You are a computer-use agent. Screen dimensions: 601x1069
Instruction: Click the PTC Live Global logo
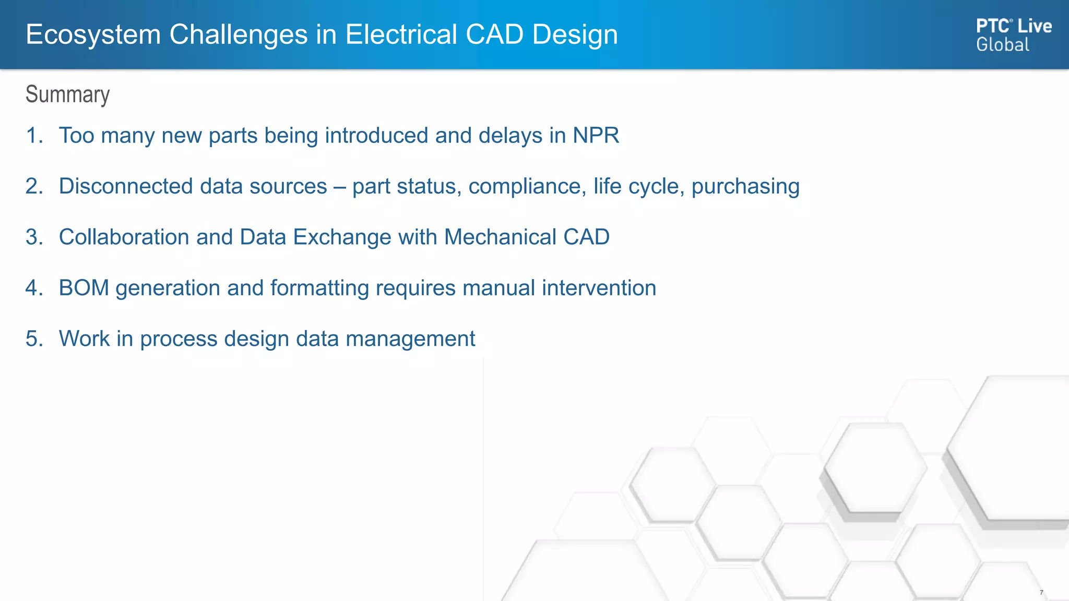(1013, 34)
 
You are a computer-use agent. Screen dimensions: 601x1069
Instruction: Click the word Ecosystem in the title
(93, 35)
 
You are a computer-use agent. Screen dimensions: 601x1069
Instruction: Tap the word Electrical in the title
(401, 35)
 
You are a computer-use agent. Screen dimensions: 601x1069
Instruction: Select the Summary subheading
(67, 94)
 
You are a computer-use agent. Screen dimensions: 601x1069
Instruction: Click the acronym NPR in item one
(596, 136)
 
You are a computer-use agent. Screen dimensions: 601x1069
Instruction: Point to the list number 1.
(34, 136)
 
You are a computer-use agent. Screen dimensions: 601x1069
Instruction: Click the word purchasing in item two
(745, 187)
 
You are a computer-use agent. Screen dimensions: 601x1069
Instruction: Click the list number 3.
(34, 237)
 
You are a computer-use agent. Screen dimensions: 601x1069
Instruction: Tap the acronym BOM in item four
(84, 288)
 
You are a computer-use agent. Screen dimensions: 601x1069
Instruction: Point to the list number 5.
(34, 339)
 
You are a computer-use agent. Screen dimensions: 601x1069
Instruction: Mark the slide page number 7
(1041, 592)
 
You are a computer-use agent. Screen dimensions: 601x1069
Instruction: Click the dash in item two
(339, 187)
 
